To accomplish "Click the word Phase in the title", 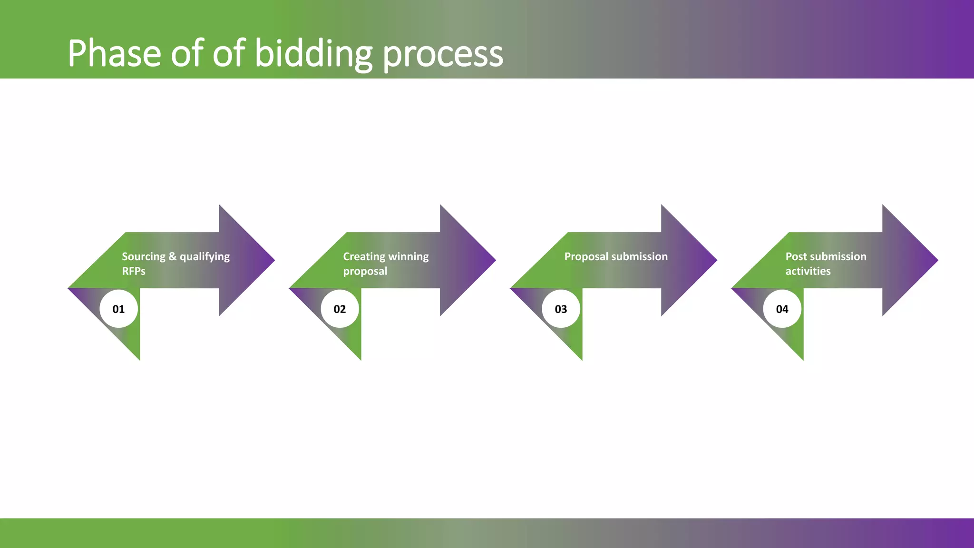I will tap(114, 53).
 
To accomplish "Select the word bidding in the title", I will tap(313, 53).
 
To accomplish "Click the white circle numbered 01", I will tap(118, 309).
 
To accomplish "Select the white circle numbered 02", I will tap(340, 309).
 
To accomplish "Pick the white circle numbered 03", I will tap(561, 309).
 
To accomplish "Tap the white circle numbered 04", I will tap(782, 309).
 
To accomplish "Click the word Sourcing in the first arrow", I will tap(143, 257).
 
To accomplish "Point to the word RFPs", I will tap(134, 271).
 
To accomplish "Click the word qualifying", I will tap(205, 257).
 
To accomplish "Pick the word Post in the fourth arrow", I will tap(796, 256).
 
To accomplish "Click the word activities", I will tap(808, 271).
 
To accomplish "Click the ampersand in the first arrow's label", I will tap(172, 256).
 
